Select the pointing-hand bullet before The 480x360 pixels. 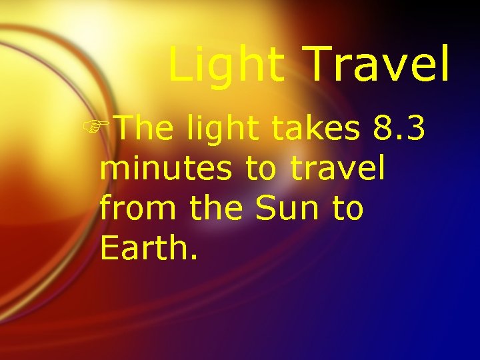107,127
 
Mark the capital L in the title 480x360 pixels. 179,65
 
